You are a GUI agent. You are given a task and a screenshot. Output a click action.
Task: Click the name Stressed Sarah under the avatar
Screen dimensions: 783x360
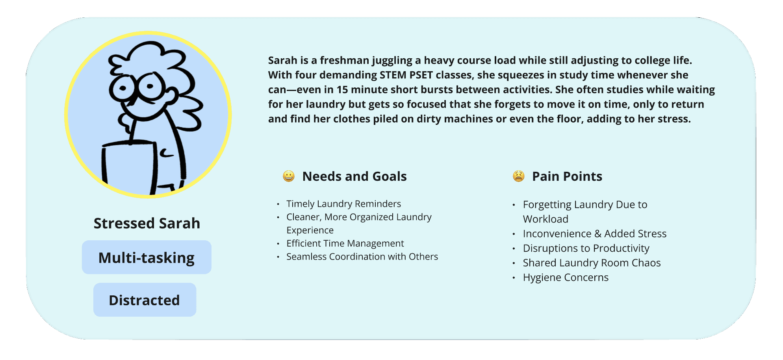coord(147,223)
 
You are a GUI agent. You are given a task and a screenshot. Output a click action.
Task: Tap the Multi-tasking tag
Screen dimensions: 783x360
coord(147,257)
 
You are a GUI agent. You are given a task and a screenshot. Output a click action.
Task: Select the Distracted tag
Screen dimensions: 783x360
coord(145,300)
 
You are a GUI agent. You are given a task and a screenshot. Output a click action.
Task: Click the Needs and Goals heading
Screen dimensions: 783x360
coord(354,176)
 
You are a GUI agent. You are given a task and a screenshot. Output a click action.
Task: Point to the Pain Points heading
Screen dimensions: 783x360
coord(567,176)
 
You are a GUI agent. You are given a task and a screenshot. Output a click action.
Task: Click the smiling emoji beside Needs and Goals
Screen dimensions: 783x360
coord(289,176)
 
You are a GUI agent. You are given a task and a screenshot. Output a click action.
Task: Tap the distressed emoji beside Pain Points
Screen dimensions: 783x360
coord(519,176)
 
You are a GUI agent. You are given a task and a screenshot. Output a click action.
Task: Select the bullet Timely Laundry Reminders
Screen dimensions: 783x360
coord(343,204)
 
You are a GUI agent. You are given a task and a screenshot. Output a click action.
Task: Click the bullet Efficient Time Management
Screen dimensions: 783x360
coord(345,243)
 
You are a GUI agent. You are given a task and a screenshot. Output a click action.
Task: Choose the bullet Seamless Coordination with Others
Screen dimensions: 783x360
coord(362,256)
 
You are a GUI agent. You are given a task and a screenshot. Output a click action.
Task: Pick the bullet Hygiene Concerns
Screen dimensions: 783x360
coord(566,277)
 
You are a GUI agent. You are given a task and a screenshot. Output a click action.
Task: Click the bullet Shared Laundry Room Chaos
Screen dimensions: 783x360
coord(592,263)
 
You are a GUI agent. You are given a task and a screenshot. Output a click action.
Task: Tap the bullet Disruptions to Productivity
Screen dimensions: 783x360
coord(586,248)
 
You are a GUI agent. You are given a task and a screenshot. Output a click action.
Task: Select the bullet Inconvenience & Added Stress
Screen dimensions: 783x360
coord(595,234)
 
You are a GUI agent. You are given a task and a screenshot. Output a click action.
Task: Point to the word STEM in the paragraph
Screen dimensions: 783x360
coord(393,75)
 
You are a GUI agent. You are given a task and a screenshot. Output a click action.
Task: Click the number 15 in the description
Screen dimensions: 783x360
coord(342,89)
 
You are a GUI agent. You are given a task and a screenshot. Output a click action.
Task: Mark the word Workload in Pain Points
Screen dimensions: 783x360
coord(546,219)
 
